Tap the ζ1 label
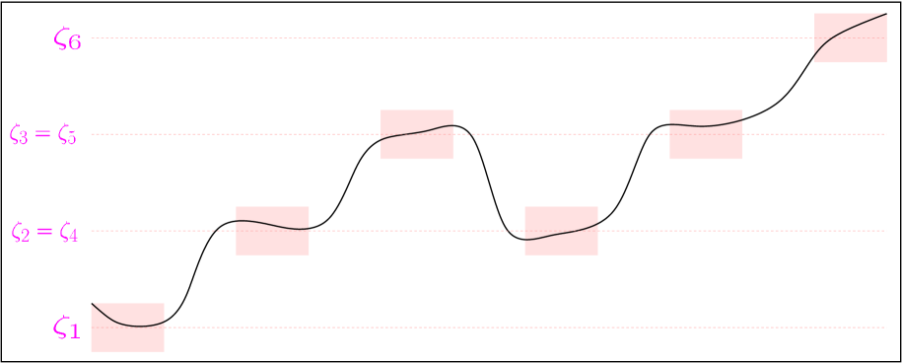pos(67,328)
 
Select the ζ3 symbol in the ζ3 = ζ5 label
pos(19,134)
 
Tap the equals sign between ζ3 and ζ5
pos(43,134)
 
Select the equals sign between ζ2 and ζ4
pos(43,232)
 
